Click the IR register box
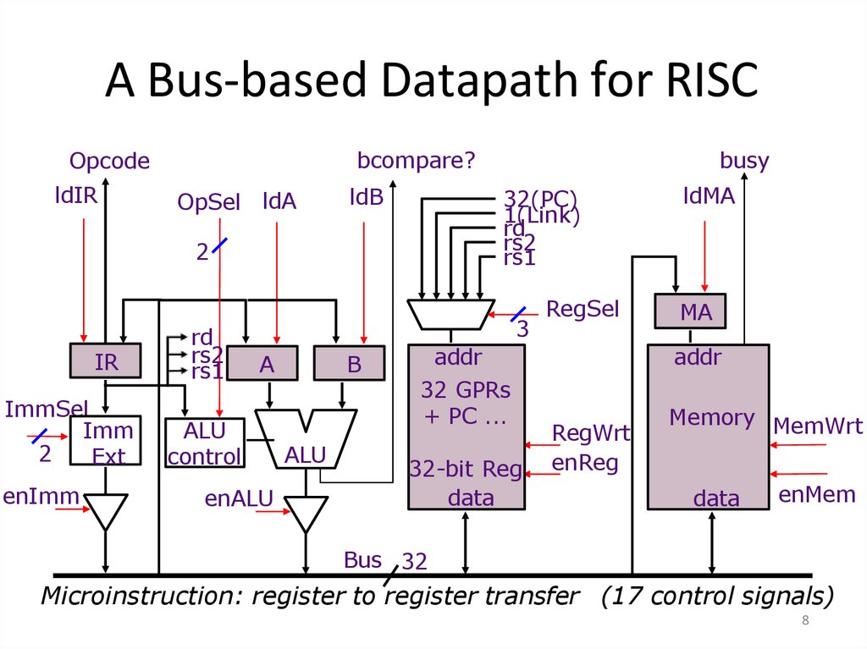coord(106,362)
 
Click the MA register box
coord(696,311)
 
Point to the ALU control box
coord(204,443)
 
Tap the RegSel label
coord(583,309)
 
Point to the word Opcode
coord(109,161)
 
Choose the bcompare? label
coord(416,161)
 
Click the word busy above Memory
coord(744,161)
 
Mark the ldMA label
coord(709,196)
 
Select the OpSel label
coord(208,203)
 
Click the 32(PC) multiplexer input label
coord(540,199)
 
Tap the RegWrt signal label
coord(591,433)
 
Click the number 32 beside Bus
coord(414,561)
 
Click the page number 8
coord(805,622)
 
